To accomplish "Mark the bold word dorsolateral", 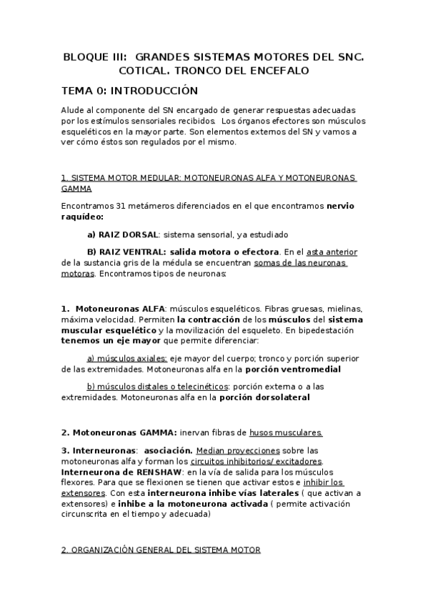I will [x=275, y=397].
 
